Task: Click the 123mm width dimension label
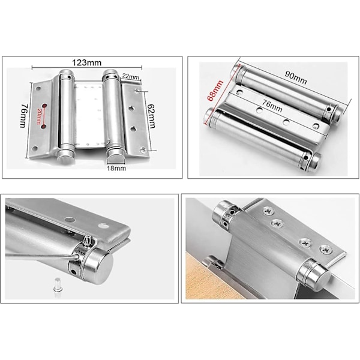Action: click(x=86, y=62)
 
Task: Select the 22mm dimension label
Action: click(x=130, y=76)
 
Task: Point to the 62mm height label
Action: click(x=151, y=116)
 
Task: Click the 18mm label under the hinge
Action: click(x=116, y=168)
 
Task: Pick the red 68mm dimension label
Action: click(x=215, y=91)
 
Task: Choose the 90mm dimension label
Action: click(x=296, y=77)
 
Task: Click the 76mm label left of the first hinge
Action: click(x=23, y=116)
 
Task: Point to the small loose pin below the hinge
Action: click(x=58, y=285)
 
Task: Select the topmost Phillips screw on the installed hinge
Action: click(x=267, y=211)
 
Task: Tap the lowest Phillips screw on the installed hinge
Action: click(x=326, y=250)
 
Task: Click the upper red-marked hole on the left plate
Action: click(x=44, y=106)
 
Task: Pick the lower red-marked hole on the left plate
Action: click(x=44, y=126)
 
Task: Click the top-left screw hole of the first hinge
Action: click(x=38, y=88)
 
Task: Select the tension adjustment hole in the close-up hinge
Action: click(x=74, y=272)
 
